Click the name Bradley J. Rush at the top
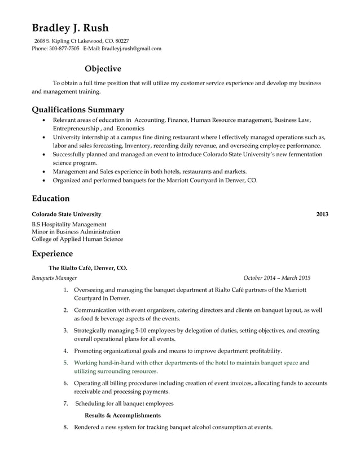70,28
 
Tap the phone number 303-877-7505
63,49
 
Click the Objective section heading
103,69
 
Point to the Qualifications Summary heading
78,109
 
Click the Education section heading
51,199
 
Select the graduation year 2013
322,214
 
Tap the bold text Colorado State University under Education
67,214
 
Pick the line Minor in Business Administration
76,231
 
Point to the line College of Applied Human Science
77,239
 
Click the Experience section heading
52,254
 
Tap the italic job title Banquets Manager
54,278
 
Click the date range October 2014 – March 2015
276,278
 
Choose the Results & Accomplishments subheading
122,415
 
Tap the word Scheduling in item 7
91,403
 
